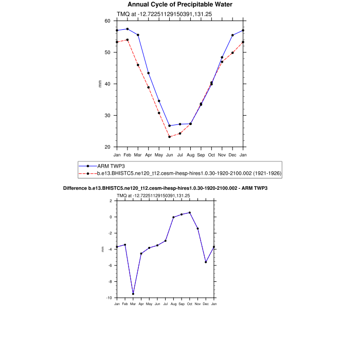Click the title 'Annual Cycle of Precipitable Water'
click(180, 5)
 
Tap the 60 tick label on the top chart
click(107, 21)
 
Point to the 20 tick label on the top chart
click(107, 147)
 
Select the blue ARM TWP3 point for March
click(138, 35)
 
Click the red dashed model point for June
click(170, 137)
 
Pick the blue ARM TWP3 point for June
click(170, 125)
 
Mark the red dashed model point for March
click(138, 65)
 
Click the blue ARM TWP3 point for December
click(232, 35)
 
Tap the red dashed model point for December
click(232, 52)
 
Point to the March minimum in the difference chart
click(133, 294)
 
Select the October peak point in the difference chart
click(190, 212)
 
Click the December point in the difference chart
click(206, 262)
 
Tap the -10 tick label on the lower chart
click(109, 298)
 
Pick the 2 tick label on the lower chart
click(111, 201)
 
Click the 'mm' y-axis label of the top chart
click(100, 84)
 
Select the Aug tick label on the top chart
click(190, 154)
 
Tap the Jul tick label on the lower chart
click(166, 304)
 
